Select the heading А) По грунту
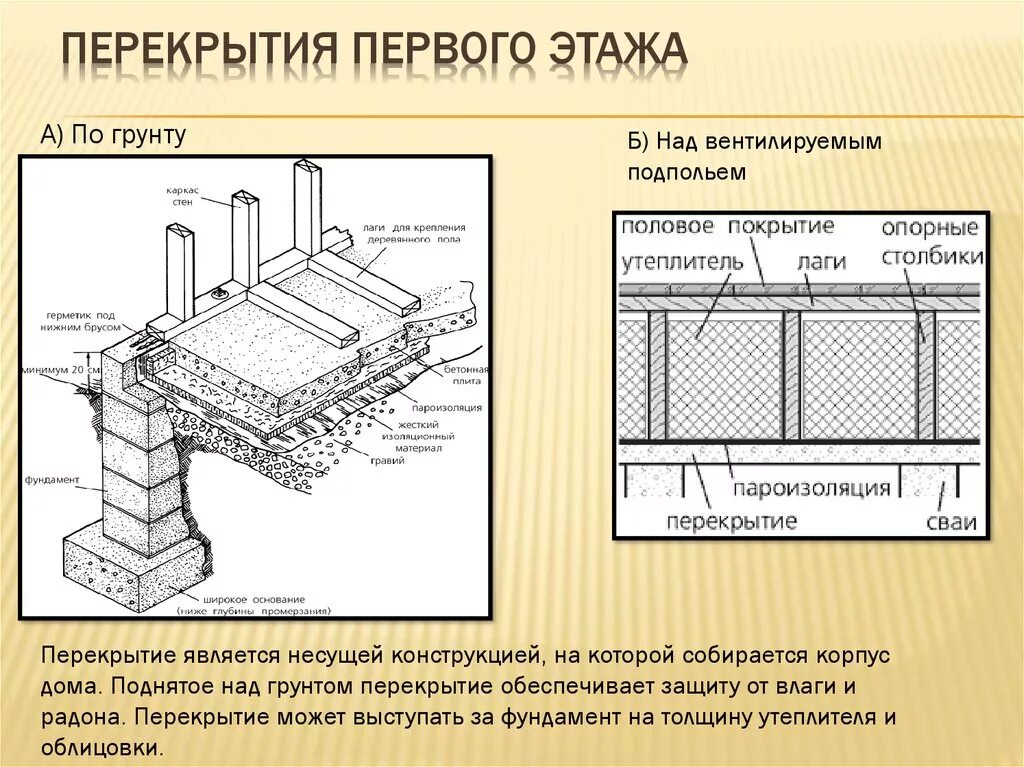tap(113, 135)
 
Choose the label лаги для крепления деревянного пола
tap(401, 234)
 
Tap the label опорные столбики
tap(929, 241)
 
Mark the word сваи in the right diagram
tap(951, 521)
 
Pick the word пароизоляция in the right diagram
tap(811, 489)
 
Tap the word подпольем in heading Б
tap(687, 172)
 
